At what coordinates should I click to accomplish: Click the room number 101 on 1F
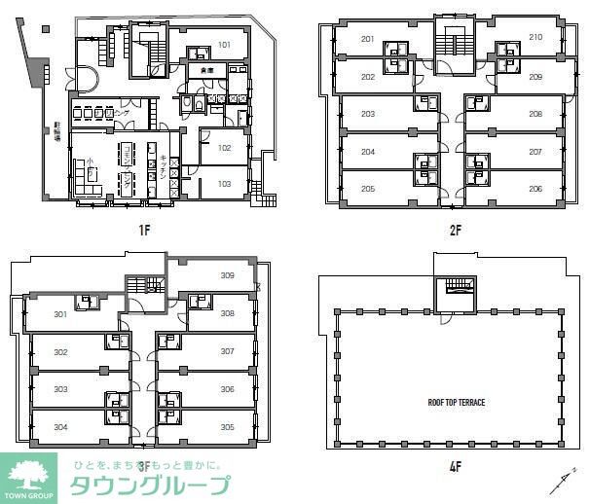[x=224, y=45]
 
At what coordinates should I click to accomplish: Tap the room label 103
[x=224, y=183]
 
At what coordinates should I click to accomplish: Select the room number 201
[x=367, y=39]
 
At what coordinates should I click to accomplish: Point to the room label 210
[x=535, y=38]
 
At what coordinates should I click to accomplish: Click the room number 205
[x=367, y=189]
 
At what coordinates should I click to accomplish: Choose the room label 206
[x=535, y=189]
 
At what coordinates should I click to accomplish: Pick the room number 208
[x=535, y=114]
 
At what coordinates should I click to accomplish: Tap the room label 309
[x=227, y=275]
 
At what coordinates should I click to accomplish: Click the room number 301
[x=60, y=314]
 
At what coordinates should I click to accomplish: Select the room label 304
[x=60, y=426]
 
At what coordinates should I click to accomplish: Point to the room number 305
[x=227, y=426]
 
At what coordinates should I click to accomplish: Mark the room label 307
[x=227, y=351]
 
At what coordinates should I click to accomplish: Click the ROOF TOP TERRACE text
[x=456, y=401]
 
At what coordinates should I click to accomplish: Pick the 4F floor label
[x=454, y=466]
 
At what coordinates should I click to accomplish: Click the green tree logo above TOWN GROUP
[x=28, y=475]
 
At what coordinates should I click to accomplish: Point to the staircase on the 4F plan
[x=455, y=288]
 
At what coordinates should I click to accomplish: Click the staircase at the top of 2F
[x=453, y=43]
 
